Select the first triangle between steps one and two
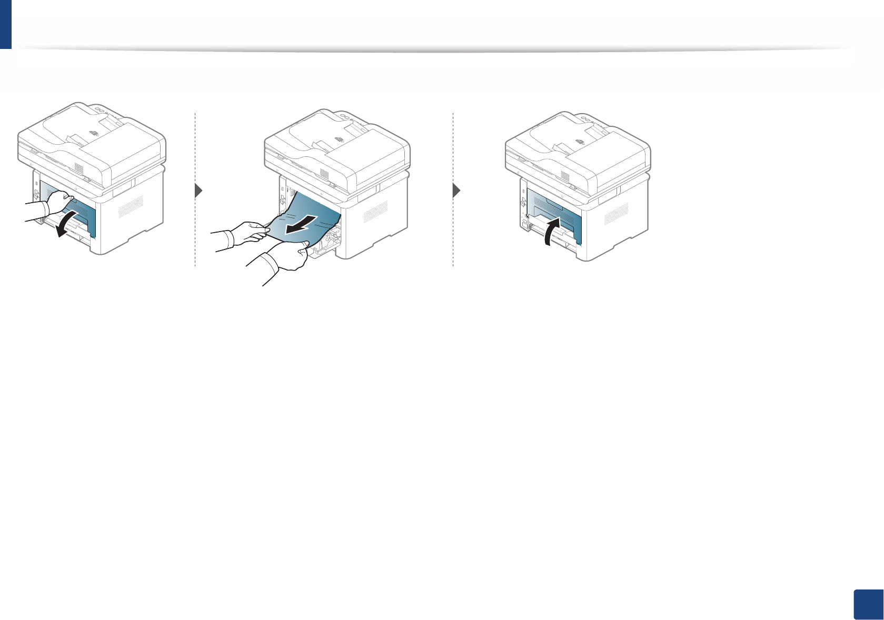click(x=198, y=191)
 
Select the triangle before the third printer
click(x=456, y=191)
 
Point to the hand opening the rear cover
click(x=58, y=203)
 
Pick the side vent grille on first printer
click(x=131, y=206)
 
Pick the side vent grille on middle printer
click(x=375, y=210)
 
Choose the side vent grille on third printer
click(x=615, y=213)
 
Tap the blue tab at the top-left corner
click(x=5, y=24)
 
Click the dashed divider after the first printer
click(x=195, y=189)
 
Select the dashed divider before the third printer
click(x=453, y=189)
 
